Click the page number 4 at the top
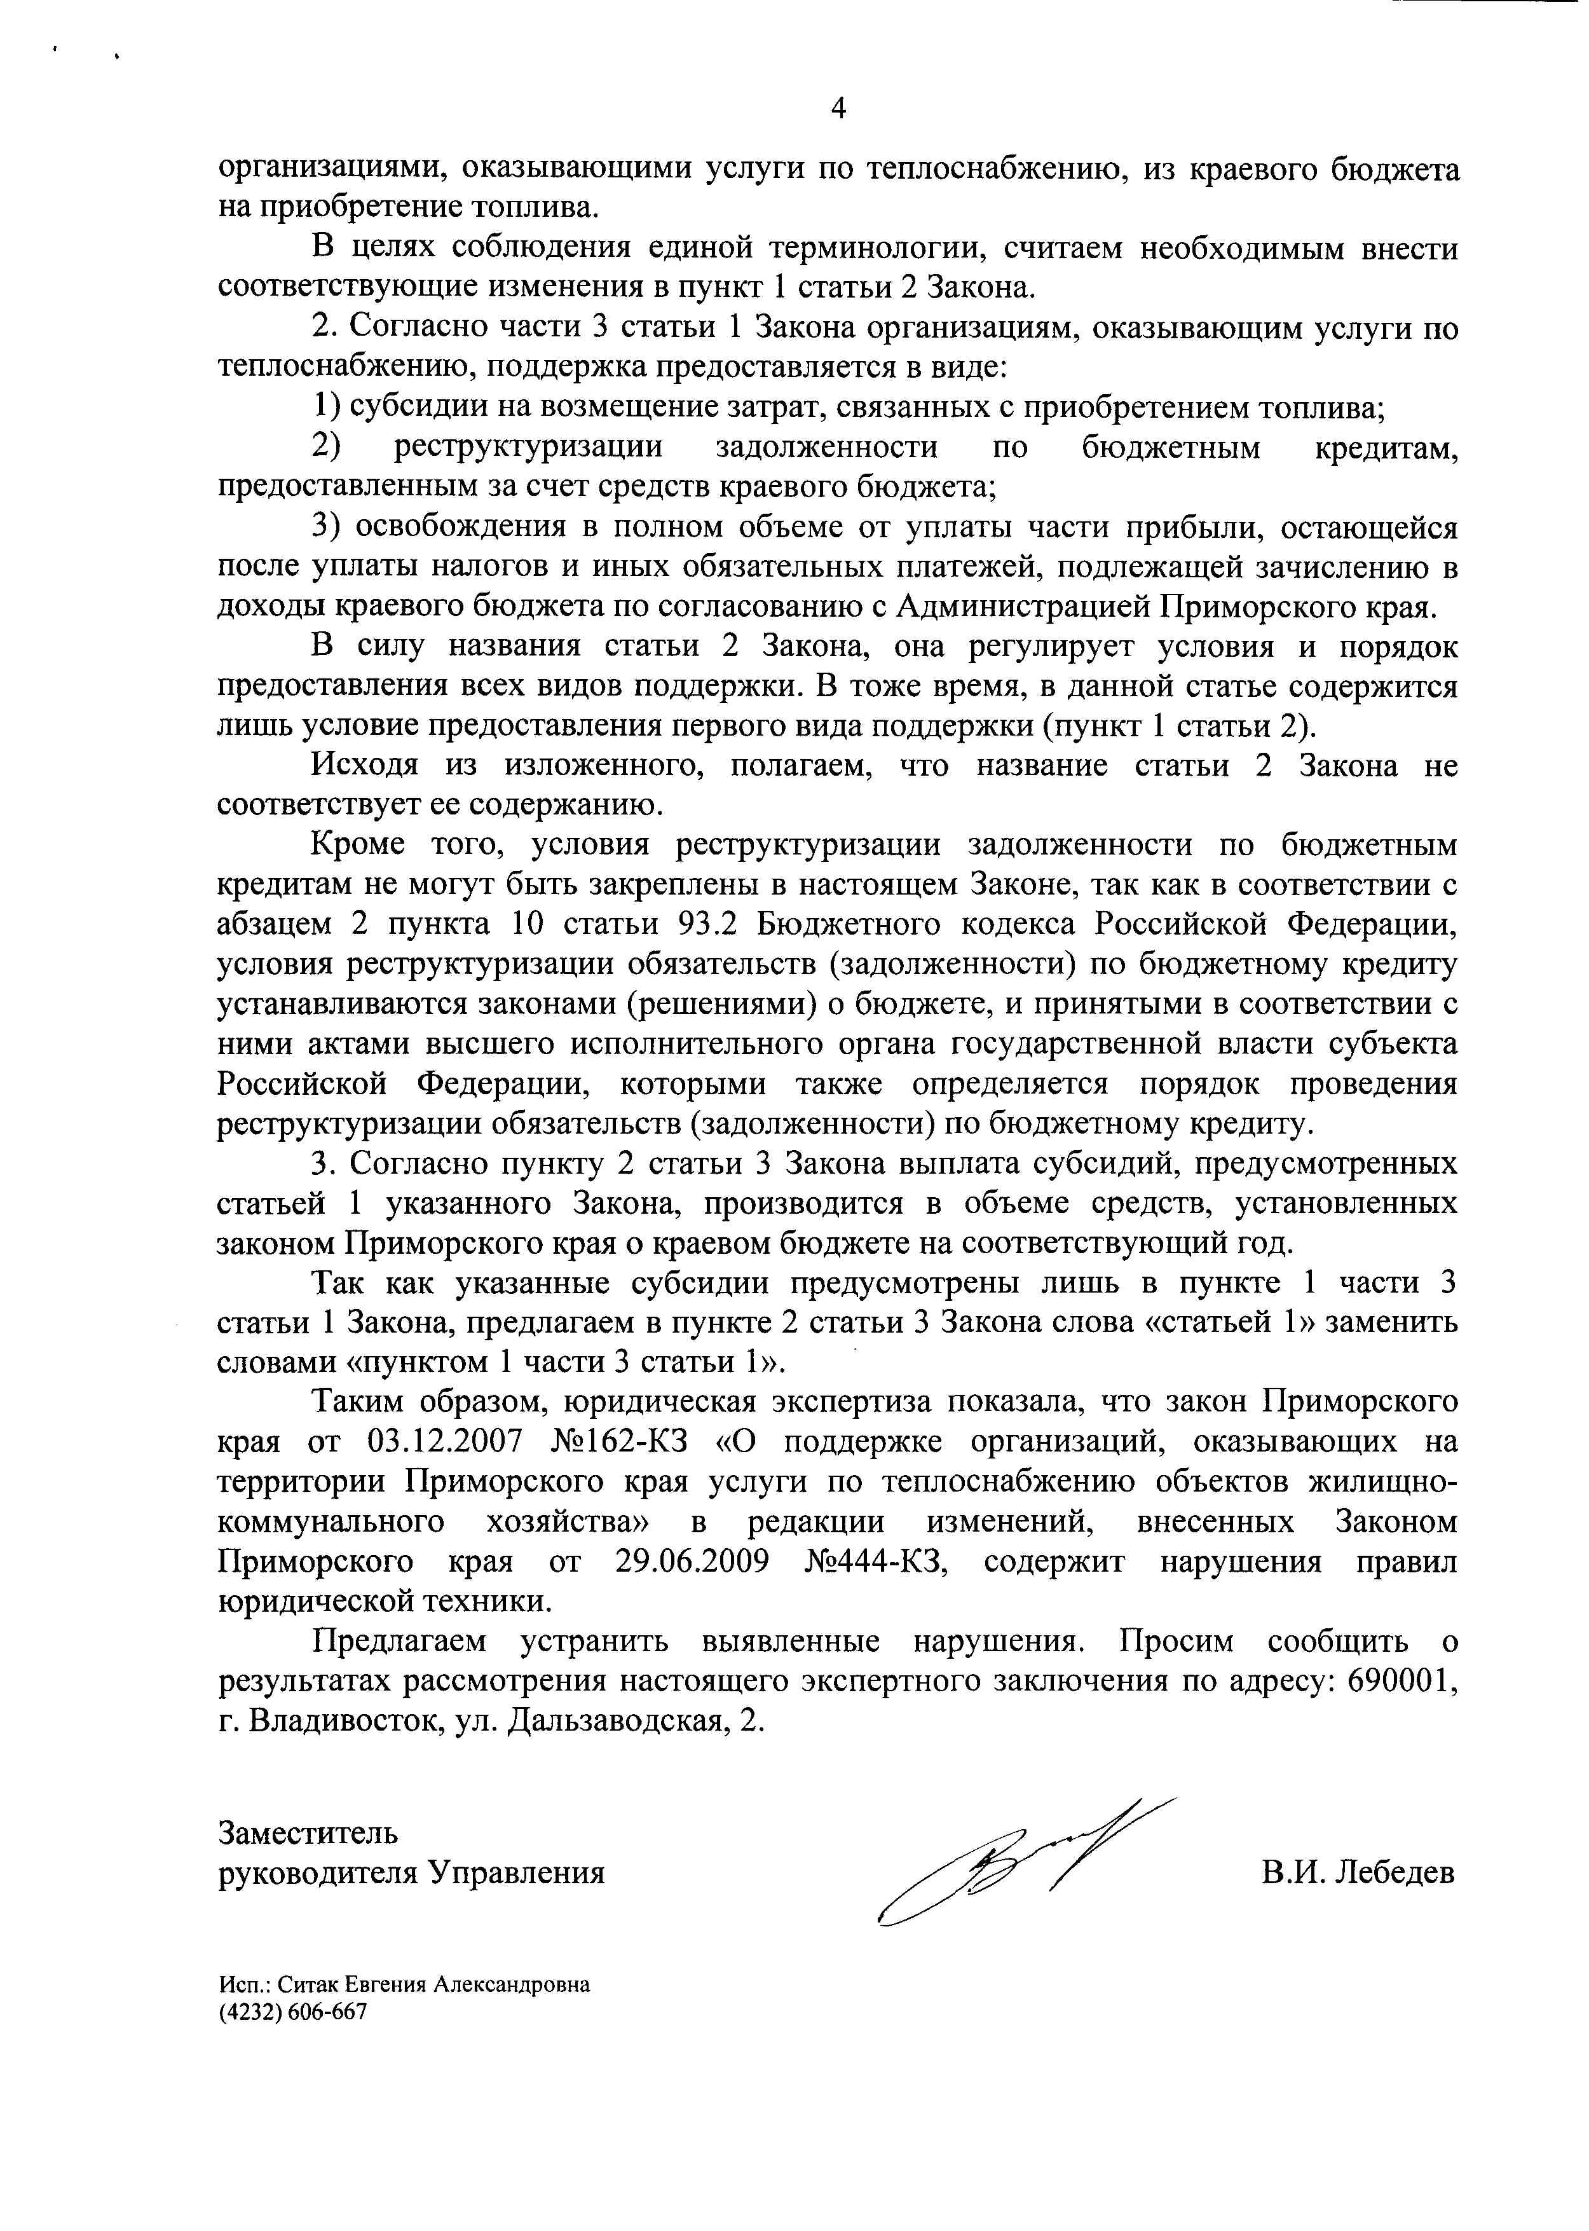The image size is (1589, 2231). (838, 109)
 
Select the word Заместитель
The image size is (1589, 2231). (307, 1832)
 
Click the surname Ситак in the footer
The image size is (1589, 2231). (304, 1984)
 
